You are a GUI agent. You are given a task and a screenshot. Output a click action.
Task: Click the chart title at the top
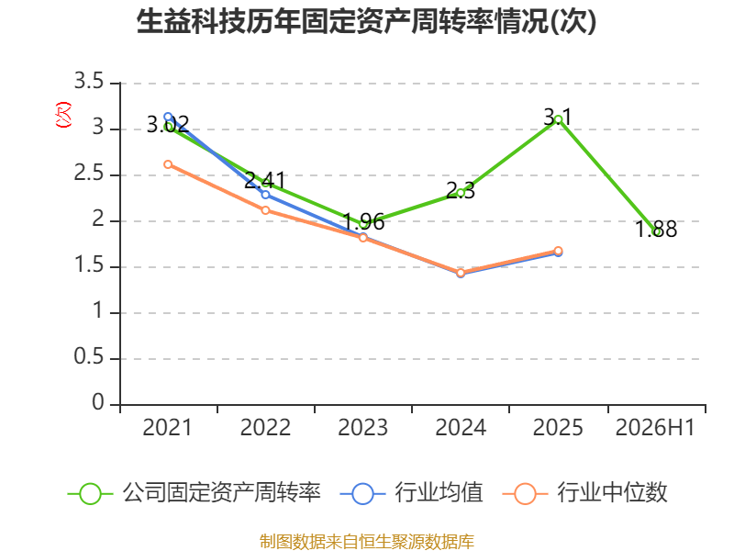coord(366,21)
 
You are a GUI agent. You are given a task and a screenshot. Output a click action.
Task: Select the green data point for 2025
coord(558,120)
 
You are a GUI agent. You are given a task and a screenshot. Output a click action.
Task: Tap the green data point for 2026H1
coord(657,232)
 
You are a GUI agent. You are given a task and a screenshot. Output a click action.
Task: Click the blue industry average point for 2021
coord(168,117)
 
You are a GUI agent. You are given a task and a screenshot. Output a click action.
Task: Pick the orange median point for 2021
coord(168,164)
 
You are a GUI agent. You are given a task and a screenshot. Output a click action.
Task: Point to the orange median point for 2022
coord(265,210)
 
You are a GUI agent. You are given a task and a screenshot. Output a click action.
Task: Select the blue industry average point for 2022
coord(265,195)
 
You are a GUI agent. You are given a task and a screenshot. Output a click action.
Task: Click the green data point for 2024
coord(461,193)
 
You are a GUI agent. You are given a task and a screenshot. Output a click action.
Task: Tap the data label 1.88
coord(656,229)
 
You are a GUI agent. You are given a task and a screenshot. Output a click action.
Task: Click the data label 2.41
coord(265,180)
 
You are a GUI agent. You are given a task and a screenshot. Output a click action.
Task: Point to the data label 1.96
coord(363,221)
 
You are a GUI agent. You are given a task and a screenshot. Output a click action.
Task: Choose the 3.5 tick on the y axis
coord(89,82)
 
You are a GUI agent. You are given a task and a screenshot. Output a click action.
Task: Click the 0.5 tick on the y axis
coord(89,357)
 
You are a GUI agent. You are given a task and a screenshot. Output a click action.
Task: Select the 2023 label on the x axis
coord(362,428)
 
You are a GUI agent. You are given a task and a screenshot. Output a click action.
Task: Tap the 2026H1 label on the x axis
coord(655,428)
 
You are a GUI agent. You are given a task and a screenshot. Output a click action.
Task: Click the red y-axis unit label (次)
coord(63,115)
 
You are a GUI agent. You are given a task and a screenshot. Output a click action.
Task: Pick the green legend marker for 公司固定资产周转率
coord(90,494)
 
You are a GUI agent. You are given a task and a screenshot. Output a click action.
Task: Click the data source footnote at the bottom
coord(367,542)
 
